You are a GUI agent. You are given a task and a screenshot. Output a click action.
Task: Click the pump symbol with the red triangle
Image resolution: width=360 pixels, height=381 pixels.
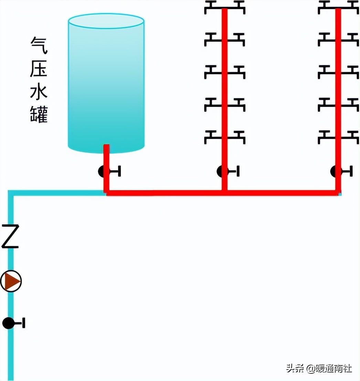coord(11,281)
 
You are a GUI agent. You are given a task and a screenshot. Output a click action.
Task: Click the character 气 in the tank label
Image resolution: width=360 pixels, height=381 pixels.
coord(39,45)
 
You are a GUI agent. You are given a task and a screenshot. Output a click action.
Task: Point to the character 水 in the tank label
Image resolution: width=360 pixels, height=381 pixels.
coord(39,92)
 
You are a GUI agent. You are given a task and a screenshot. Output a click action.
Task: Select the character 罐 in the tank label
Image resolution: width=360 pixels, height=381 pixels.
coord(39,115)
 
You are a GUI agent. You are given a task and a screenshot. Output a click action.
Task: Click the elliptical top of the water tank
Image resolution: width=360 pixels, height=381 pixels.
coord(106,21)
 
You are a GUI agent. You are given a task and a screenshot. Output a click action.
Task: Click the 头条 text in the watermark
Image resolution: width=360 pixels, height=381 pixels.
coord(295,369)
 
